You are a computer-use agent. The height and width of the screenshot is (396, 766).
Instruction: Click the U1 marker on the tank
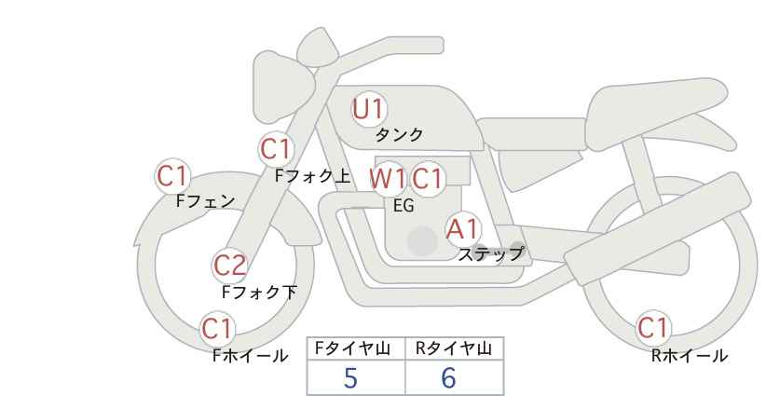pyautogui.click(x=369, y=109)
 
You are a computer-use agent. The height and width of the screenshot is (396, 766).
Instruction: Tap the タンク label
pyautogui.click(x=399, y=135)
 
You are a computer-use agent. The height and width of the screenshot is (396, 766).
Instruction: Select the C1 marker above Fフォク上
pyautogui.click(x=277, y=149)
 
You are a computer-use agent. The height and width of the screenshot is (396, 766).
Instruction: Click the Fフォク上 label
pyautogui.click(x=313, y=176)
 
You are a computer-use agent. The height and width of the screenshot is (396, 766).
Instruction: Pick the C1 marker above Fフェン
pyautogui.click(x=172, y=175)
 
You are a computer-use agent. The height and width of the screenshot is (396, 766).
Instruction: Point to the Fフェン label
pyautogui.click(x=205, y=201)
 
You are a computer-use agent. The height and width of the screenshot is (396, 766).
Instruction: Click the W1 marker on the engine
pyautogui.click(x=388, y=179)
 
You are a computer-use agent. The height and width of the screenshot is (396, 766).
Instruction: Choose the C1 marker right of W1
pyautogui.click(x=427, y=179)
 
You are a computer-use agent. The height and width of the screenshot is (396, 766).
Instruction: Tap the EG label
pyautogui.click(x=404, y=206)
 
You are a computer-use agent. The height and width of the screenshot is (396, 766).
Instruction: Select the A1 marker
pyautogui.click(x=462, y=229)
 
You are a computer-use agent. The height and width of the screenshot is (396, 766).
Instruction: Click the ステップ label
pyautogui.click(x=490, y=254)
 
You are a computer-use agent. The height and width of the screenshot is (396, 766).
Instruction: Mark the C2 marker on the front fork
pyautogui.click(x=230, y=266)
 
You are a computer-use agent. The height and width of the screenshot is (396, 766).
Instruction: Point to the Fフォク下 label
pyautogui.click(x=259, y=292)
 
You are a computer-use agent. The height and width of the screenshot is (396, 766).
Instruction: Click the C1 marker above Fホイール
pyautogui.click(x=217, y=329)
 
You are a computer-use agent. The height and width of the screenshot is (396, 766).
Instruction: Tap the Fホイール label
pyautogui.click(x=250, y=356)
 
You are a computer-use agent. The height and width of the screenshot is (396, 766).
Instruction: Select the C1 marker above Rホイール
pyautogui.click(x=653, y=328)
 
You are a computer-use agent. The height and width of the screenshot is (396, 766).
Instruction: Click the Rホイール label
pyautogui.click(x=690, y=356)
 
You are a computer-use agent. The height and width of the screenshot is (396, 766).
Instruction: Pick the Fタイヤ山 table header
pyautogui.click(x=352, y=348)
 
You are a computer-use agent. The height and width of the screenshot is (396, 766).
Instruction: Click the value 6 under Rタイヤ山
pyautogui.click(x=449, y=377)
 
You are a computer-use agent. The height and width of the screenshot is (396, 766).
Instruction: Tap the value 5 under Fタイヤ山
pyautogui.click(x=350, y=377)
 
